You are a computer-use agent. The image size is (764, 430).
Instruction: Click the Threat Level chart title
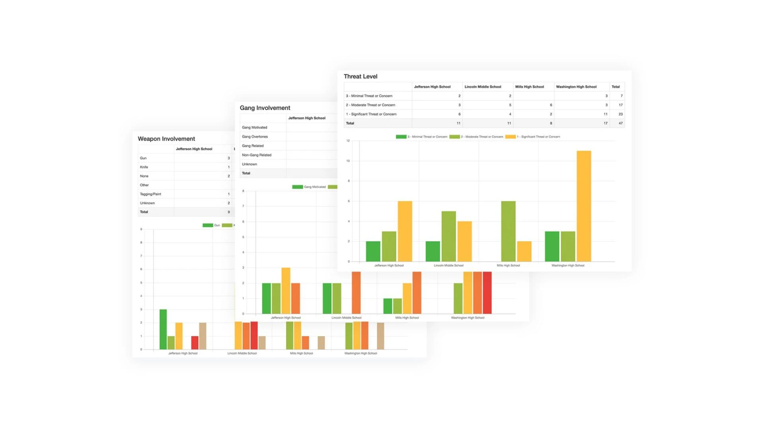(x=360, y=76)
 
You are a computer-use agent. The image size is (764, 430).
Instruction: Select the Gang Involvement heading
(x=265, y=108)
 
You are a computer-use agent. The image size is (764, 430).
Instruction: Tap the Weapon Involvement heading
(x=166, y=139)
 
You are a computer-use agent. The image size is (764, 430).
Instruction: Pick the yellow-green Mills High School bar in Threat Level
(x=508, y=231)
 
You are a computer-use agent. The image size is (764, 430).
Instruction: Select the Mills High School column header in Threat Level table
(x=529, y=87)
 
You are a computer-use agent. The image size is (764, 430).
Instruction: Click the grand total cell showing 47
(x=620, y=123)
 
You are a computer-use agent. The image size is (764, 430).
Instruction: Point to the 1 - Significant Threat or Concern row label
(x=371, y=114)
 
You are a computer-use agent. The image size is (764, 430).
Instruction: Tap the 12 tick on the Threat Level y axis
(x=348, y=141)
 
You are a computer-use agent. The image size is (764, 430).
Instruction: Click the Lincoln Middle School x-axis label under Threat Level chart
(x=448, y=266)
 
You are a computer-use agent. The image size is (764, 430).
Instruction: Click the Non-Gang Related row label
(x=256, y=155)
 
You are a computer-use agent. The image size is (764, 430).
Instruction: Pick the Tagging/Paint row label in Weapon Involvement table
(x=150, y=194)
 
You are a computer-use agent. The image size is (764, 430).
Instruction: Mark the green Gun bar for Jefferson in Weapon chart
(x=163, y=329)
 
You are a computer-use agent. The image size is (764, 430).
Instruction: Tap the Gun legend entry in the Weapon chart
(x=211, y=225)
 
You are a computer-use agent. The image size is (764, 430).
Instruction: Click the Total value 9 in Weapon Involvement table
(x=228, y=212)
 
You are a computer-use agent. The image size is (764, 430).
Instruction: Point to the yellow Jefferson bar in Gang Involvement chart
(x=286, y=291)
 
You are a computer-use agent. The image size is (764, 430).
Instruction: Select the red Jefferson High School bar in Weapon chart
(x=195, y=343)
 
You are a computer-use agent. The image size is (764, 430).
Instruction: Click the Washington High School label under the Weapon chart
(x=361, y=354)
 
